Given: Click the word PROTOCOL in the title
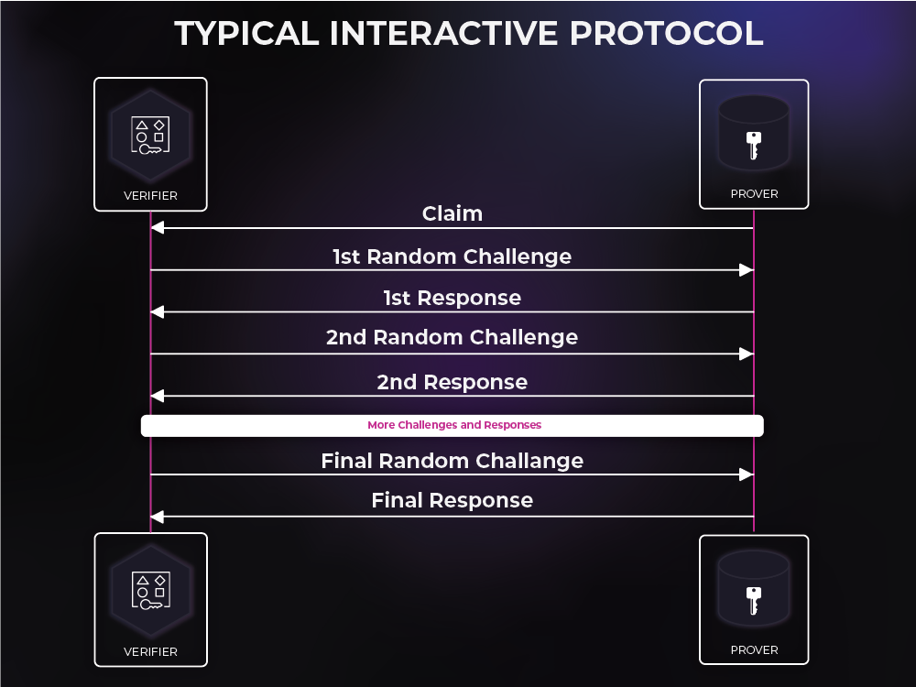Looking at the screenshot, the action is (x=666, y=33).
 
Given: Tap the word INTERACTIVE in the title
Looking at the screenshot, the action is (x=444, y=33).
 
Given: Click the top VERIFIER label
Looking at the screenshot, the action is (x=150, y=196).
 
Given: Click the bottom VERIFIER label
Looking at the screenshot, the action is (x=150, y=651).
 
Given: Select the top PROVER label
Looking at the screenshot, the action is (x=754, y=194).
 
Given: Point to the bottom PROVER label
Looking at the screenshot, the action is (x=754, y=650).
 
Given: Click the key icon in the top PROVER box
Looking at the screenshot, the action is (x=754, y=146).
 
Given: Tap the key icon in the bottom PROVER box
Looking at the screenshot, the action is (x=754, y=601).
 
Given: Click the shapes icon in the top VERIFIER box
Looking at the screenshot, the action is (x=150, y=135).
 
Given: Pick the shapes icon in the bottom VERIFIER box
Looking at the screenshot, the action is (x=151, y=590).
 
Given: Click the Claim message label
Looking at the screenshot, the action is (x=453, y=213).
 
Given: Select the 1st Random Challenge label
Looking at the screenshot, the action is (x=453, y=257).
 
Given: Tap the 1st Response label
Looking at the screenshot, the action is (x=453, y=298).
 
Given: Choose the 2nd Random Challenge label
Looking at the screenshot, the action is (x=453, y=338).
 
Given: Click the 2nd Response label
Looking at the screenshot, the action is (x=453, y=382).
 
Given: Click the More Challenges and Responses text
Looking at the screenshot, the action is (x=454, y=425).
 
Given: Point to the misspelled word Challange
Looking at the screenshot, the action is (x=529, y=462).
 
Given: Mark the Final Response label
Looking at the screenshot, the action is (x=453, y=501).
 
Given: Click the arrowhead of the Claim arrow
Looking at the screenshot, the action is (x=158, y=228).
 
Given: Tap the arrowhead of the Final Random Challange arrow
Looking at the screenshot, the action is (x=747, y=474).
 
